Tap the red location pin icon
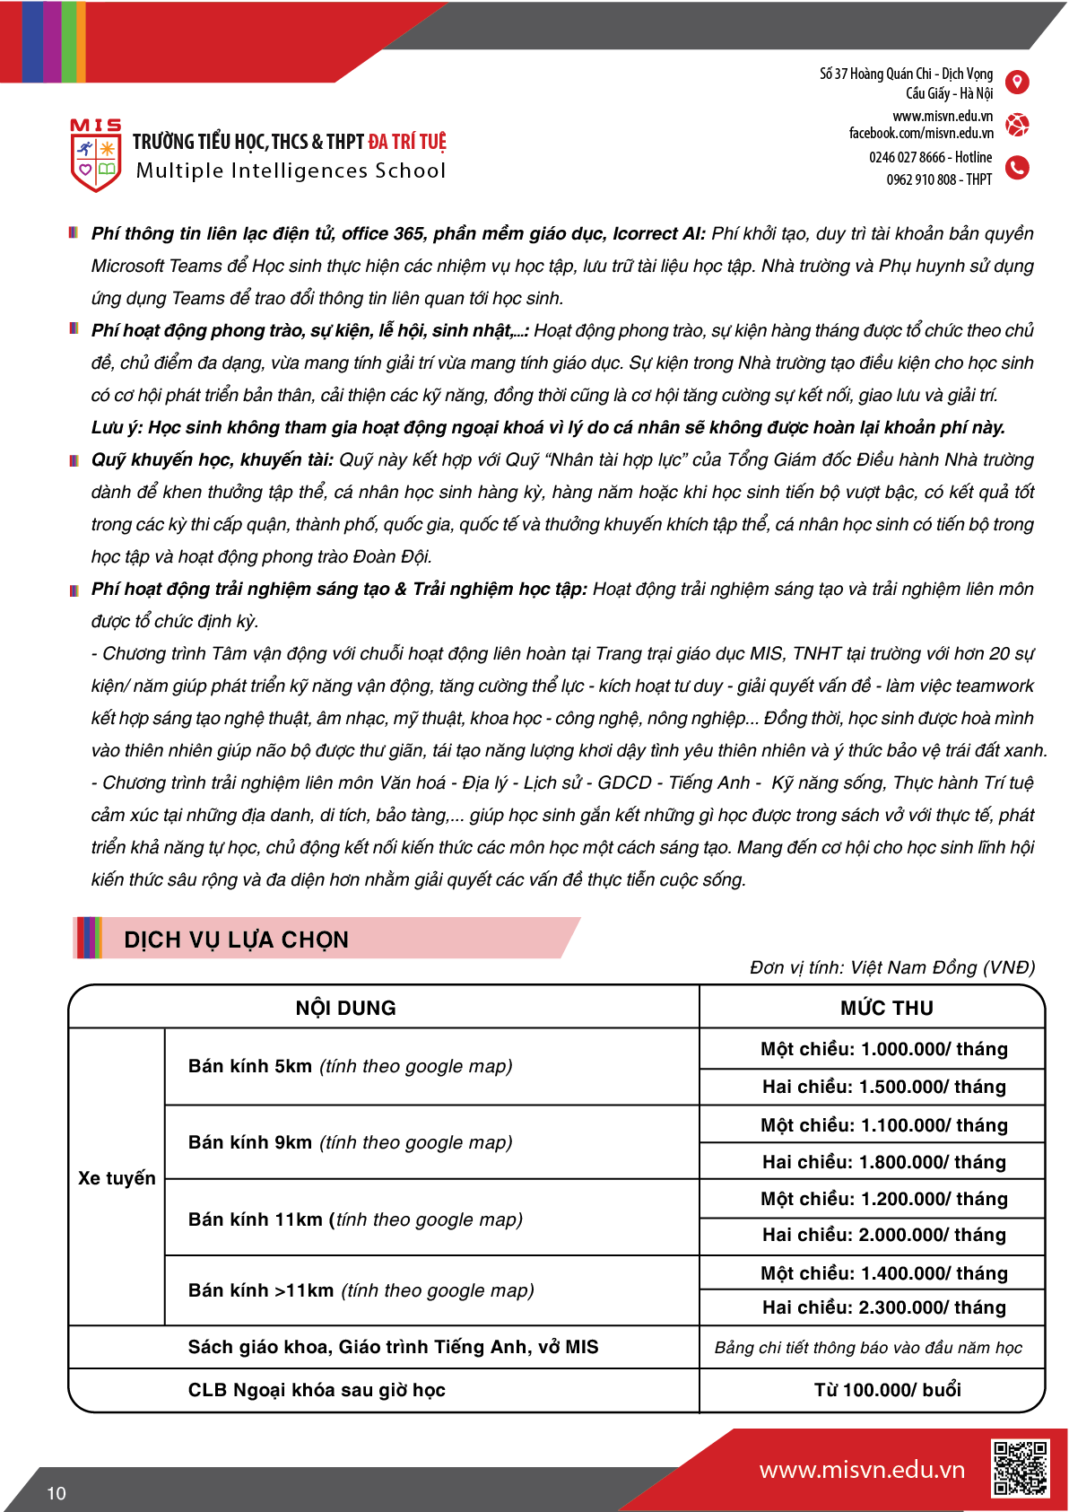[x=1017, y=83]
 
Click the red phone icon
[x=1017, y=168]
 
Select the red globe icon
[x=1017, y=125]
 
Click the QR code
[x=1020, y=1468]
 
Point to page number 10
[x=56, y=1493]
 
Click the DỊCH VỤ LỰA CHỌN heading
[x=236, y=940]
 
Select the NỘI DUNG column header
[x=345, y=1008]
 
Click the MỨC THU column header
[x=886, y=1008]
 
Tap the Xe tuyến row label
[x=117, y=1177]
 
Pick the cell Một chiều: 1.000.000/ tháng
[x=883, y=1049]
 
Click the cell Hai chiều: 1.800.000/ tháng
[x=883, y=1162]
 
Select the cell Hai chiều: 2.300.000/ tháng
[x=883, y=1307]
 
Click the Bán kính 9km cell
[x=350, y=1142]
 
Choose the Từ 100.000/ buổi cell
[x=887, y=1390]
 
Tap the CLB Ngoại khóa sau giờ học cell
[x=317, y=1390]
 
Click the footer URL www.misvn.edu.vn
[x=862, y=1470]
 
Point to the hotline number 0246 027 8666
[x=907, y=157]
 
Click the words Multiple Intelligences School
[x=291, y=170]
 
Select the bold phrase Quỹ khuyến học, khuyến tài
[x=212, y=459]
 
